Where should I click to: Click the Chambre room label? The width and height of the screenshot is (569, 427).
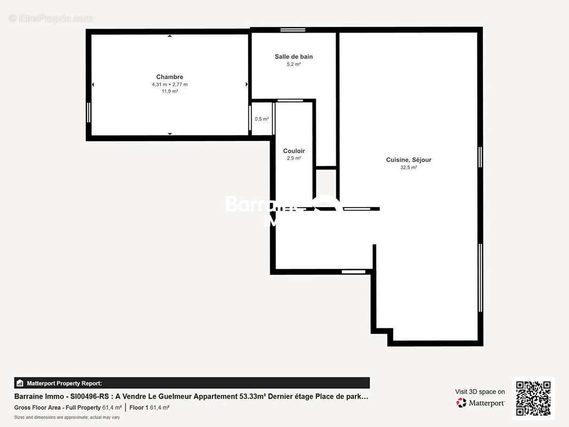coord(170,77)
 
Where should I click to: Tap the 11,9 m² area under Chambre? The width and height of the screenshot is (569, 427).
coord(170,91)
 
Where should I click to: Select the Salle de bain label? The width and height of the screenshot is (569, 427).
coord(294,57)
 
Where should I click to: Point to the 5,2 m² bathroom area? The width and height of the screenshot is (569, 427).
coord(294,64)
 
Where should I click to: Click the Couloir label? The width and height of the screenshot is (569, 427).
coord(294,151)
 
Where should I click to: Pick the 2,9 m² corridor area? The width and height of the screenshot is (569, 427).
coord(294,159)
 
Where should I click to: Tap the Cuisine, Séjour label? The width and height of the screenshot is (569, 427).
coord(408,160)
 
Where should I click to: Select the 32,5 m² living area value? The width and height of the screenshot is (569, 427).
coord(408,167)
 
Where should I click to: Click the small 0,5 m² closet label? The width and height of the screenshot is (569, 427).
coord(262,119)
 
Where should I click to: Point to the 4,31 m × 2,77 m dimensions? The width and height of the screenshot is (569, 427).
coord(170,84)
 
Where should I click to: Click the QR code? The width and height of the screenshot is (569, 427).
coord(533,398)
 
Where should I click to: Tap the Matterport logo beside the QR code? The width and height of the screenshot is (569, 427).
coord(480,403)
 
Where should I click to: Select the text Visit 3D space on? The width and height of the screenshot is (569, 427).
coord(480,392)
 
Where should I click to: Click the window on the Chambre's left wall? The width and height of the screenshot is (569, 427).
coord(89,112)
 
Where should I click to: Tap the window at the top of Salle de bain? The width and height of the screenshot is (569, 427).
coord(293,30)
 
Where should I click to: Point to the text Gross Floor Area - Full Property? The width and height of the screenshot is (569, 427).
coord(57,408)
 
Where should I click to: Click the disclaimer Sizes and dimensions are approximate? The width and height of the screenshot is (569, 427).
coord(67,417)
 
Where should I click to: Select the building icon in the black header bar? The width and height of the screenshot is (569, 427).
coord(20,383)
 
